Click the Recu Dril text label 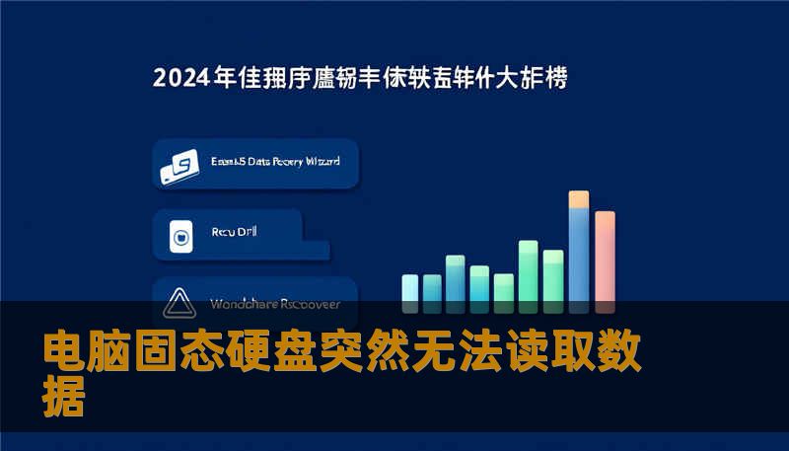click(x=235, y=233)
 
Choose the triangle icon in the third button click(x=179, y=303)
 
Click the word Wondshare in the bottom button click(x=244, y=304)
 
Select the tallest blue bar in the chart click(x=579, y=257)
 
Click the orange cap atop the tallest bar click(x=579, y=199)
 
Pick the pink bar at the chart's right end click(x=605, y=257)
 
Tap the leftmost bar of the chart click(x=409, y=288)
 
